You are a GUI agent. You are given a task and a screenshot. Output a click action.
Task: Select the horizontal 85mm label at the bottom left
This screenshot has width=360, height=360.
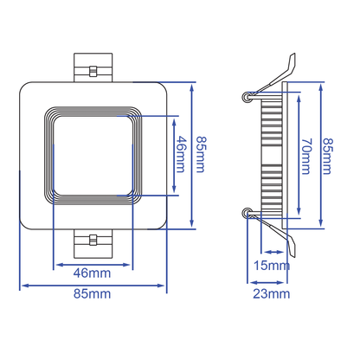coord(93,294)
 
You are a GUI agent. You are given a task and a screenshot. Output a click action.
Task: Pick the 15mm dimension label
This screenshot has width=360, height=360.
coord(273,265)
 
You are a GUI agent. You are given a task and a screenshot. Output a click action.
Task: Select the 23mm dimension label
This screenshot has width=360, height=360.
coord(273,294)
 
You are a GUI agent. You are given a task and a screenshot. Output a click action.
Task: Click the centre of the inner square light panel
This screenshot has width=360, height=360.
coord(93,155)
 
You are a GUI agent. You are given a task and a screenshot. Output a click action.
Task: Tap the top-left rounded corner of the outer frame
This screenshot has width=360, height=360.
coord(26,88)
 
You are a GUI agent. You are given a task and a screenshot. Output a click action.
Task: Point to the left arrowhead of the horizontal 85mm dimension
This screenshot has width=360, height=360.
coord(22,284)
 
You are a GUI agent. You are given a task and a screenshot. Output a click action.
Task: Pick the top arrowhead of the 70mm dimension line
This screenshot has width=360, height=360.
coord(299,90)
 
